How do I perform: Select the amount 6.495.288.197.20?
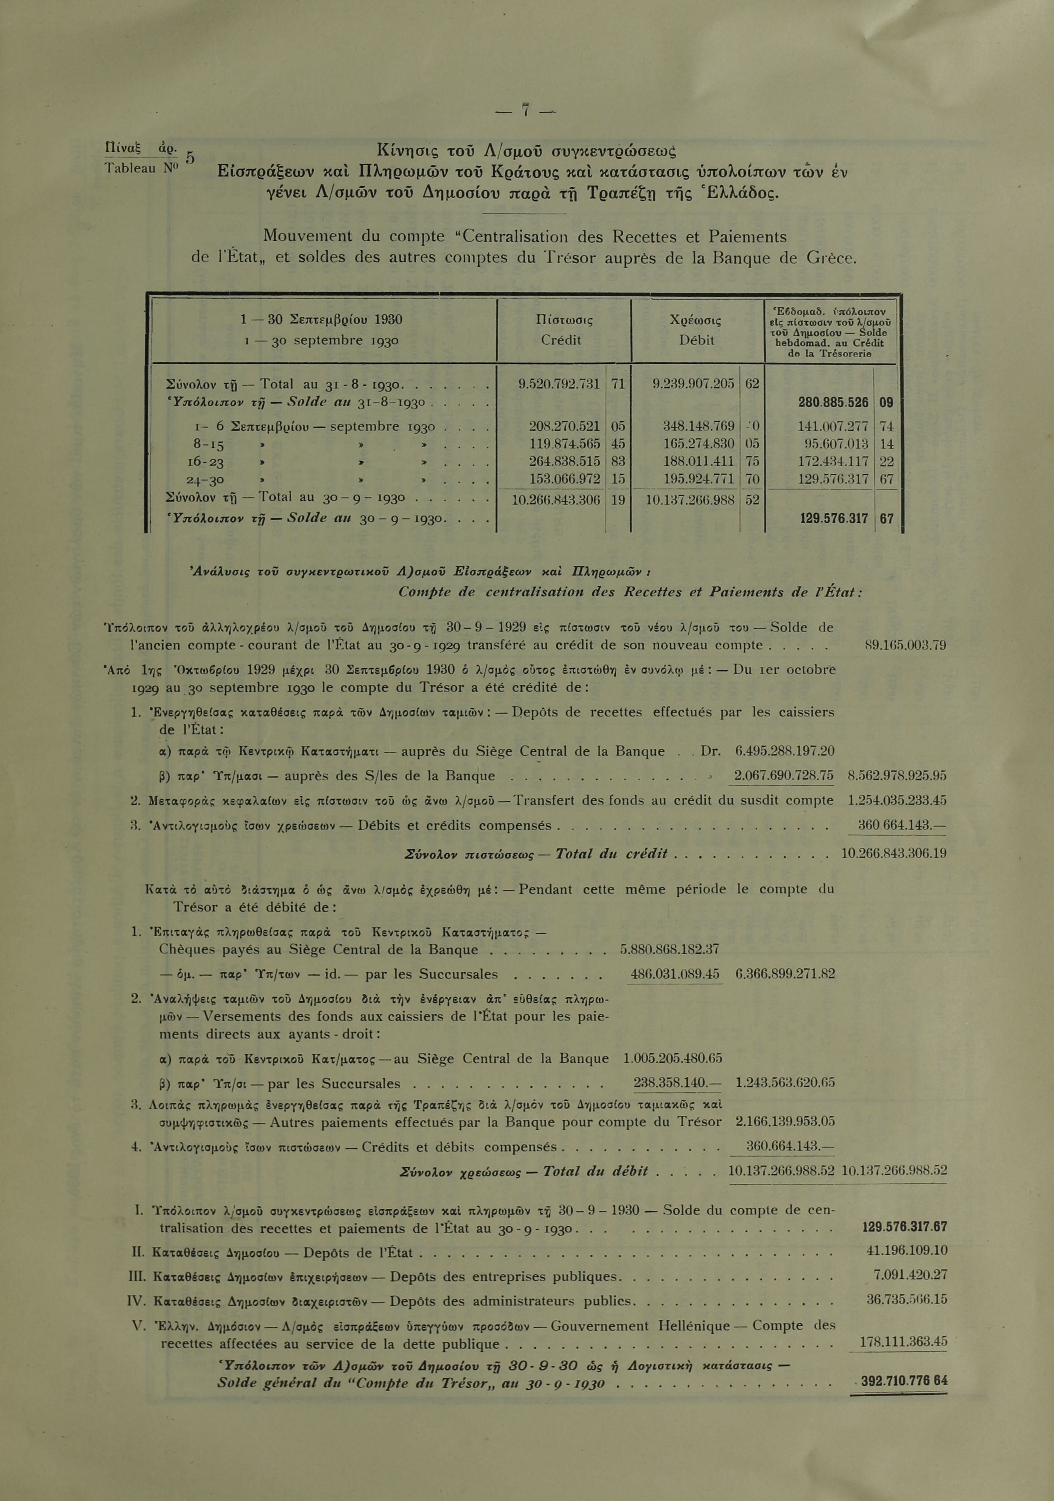(784, 751)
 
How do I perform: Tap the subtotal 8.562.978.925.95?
(897, 776)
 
